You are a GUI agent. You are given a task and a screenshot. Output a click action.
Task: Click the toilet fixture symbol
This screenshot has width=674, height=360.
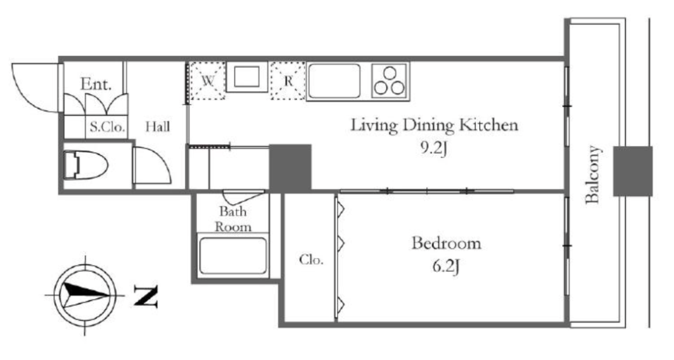[85, 165]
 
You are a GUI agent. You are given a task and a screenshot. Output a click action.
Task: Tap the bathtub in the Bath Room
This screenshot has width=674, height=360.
[233, 256]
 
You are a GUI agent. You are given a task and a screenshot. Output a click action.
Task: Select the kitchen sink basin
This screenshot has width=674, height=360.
[334, 81]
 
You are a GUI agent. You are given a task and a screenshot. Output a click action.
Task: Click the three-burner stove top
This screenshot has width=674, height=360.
[390, 81]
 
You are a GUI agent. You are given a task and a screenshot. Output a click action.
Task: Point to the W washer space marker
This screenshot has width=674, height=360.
[207, 81]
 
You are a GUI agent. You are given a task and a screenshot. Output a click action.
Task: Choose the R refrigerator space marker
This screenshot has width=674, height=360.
[288, 81]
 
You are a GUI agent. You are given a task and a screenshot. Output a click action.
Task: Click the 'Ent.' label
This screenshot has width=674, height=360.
[95, 84]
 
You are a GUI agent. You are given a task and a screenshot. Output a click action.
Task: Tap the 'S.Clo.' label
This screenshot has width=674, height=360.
[107, 127]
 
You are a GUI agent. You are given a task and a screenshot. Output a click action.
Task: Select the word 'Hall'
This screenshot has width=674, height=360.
[157, 127]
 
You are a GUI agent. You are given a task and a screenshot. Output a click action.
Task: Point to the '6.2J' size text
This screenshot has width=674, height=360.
[446, 267]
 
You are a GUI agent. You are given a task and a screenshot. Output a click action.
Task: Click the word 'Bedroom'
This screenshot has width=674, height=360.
[446, 243]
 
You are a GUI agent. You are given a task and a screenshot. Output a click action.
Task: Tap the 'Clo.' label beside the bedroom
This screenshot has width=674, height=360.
[311, 259]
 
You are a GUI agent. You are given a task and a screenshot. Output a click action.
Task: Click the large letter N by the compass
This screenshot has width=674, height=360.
[145, 296]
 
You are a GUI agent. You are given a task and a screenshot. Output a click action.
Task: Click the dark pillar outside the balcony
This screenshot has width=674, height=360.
[633, 171]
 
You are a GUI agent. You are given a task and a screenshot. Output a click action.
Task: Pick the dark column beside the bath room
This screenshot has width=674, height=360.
[290, 168]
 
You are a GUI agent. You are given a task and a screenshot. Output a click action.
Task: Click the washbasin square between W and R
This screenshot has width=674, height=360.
[247, 76]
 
